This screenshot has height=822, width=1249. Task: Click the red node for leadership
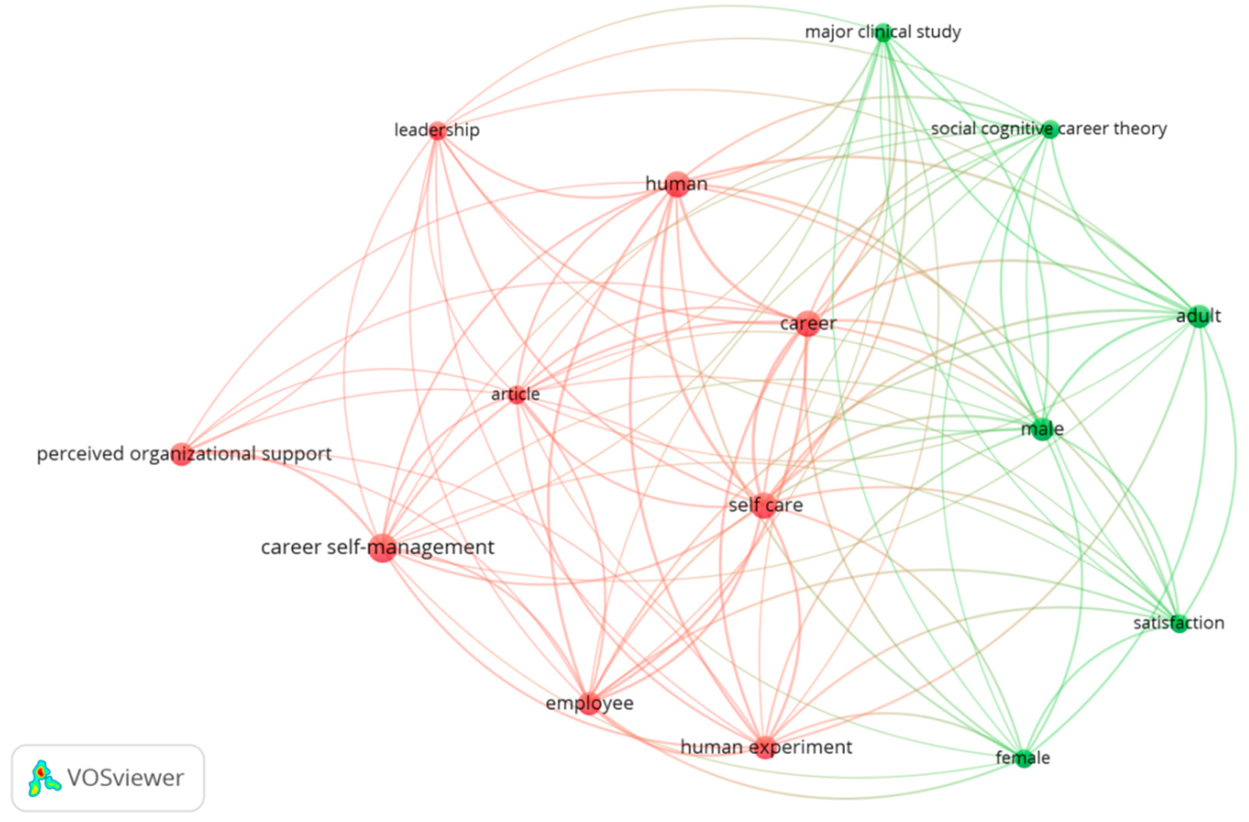tap(437, 131)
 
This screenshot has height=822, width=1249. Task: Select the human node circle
tap(677, 184)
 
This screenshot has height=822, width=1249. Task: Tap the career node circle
tap(807, 324)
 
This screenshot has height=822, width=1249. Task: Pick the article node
tap(517, 394)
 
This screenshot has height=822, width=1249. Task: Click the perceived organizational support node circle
tap(182, 454)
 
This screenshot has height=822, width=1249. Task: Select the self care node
tap(764, 506)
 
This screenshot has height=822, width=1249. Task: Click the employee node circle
tap(589, 703)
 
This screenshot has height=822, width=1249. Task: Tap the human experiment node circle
tap(765, 748)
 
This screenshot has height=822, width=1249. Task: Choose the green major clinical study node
tap(884, 33)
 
